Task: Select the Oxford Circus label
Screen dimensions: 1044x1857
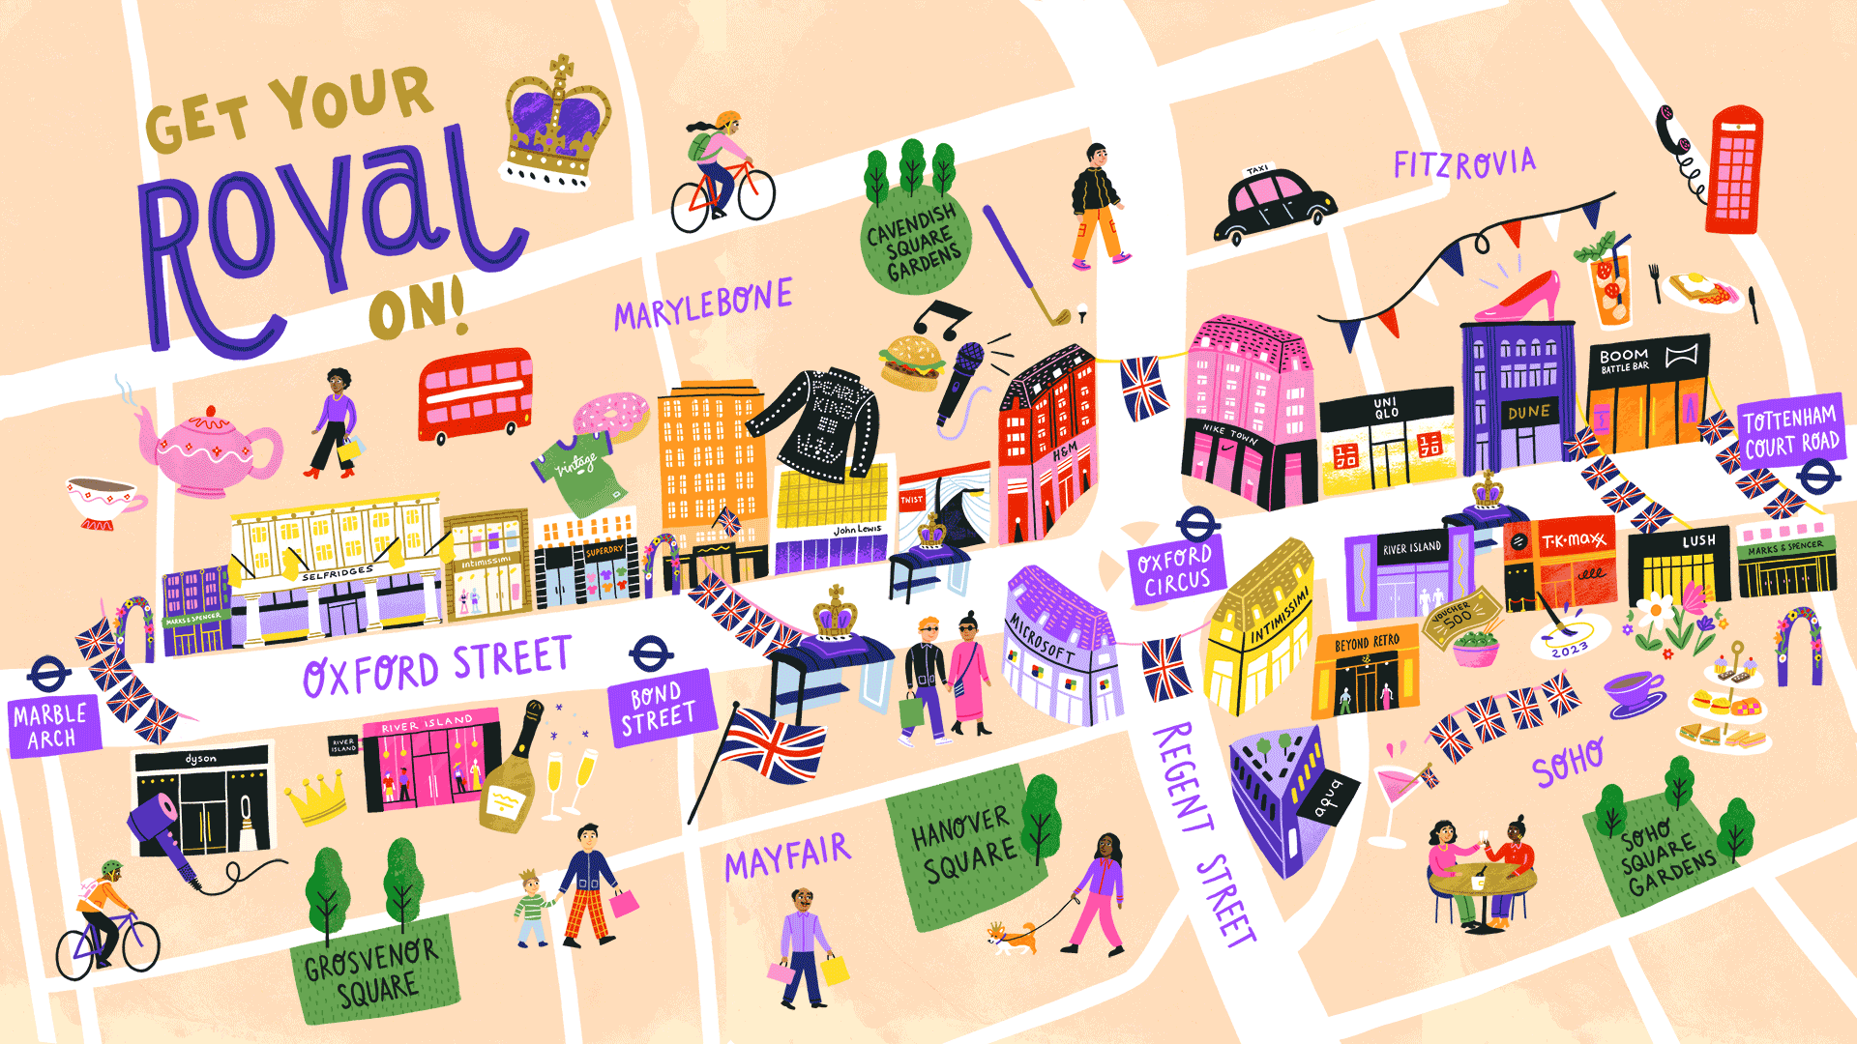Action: pos(1176,569)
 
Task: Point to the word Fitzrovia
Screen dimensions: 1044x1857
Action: pos(1464,164)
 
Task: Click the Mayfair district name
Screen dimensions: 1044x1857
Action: pos(787,856)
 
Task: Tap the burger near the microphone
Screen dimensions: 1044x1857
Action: pos(912,362)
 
